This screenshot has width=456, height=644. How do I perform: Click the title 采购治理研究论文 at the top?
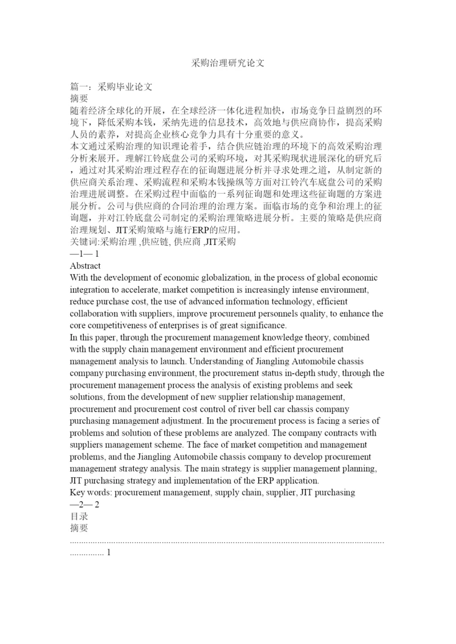pos(228,63)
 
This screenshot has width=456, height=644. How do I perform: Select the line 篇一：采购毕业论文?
pos(111,88)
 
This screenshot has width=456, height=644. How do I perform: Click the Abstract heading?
pos(85,265)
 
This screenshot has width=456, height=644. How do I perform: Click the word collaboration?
pos(97,313)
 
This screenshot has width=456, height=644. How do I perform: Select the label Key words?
pos(91,492)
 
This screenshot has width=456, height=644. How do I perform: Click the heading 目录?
pos(79,516)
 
